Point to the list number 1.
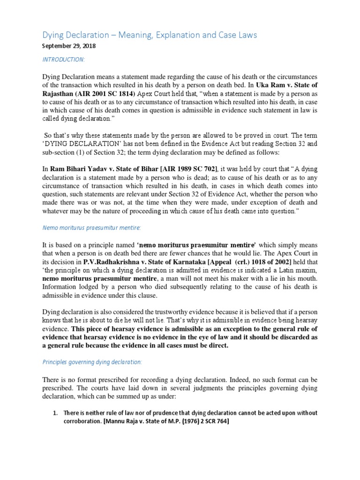(x=55, y=413)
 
